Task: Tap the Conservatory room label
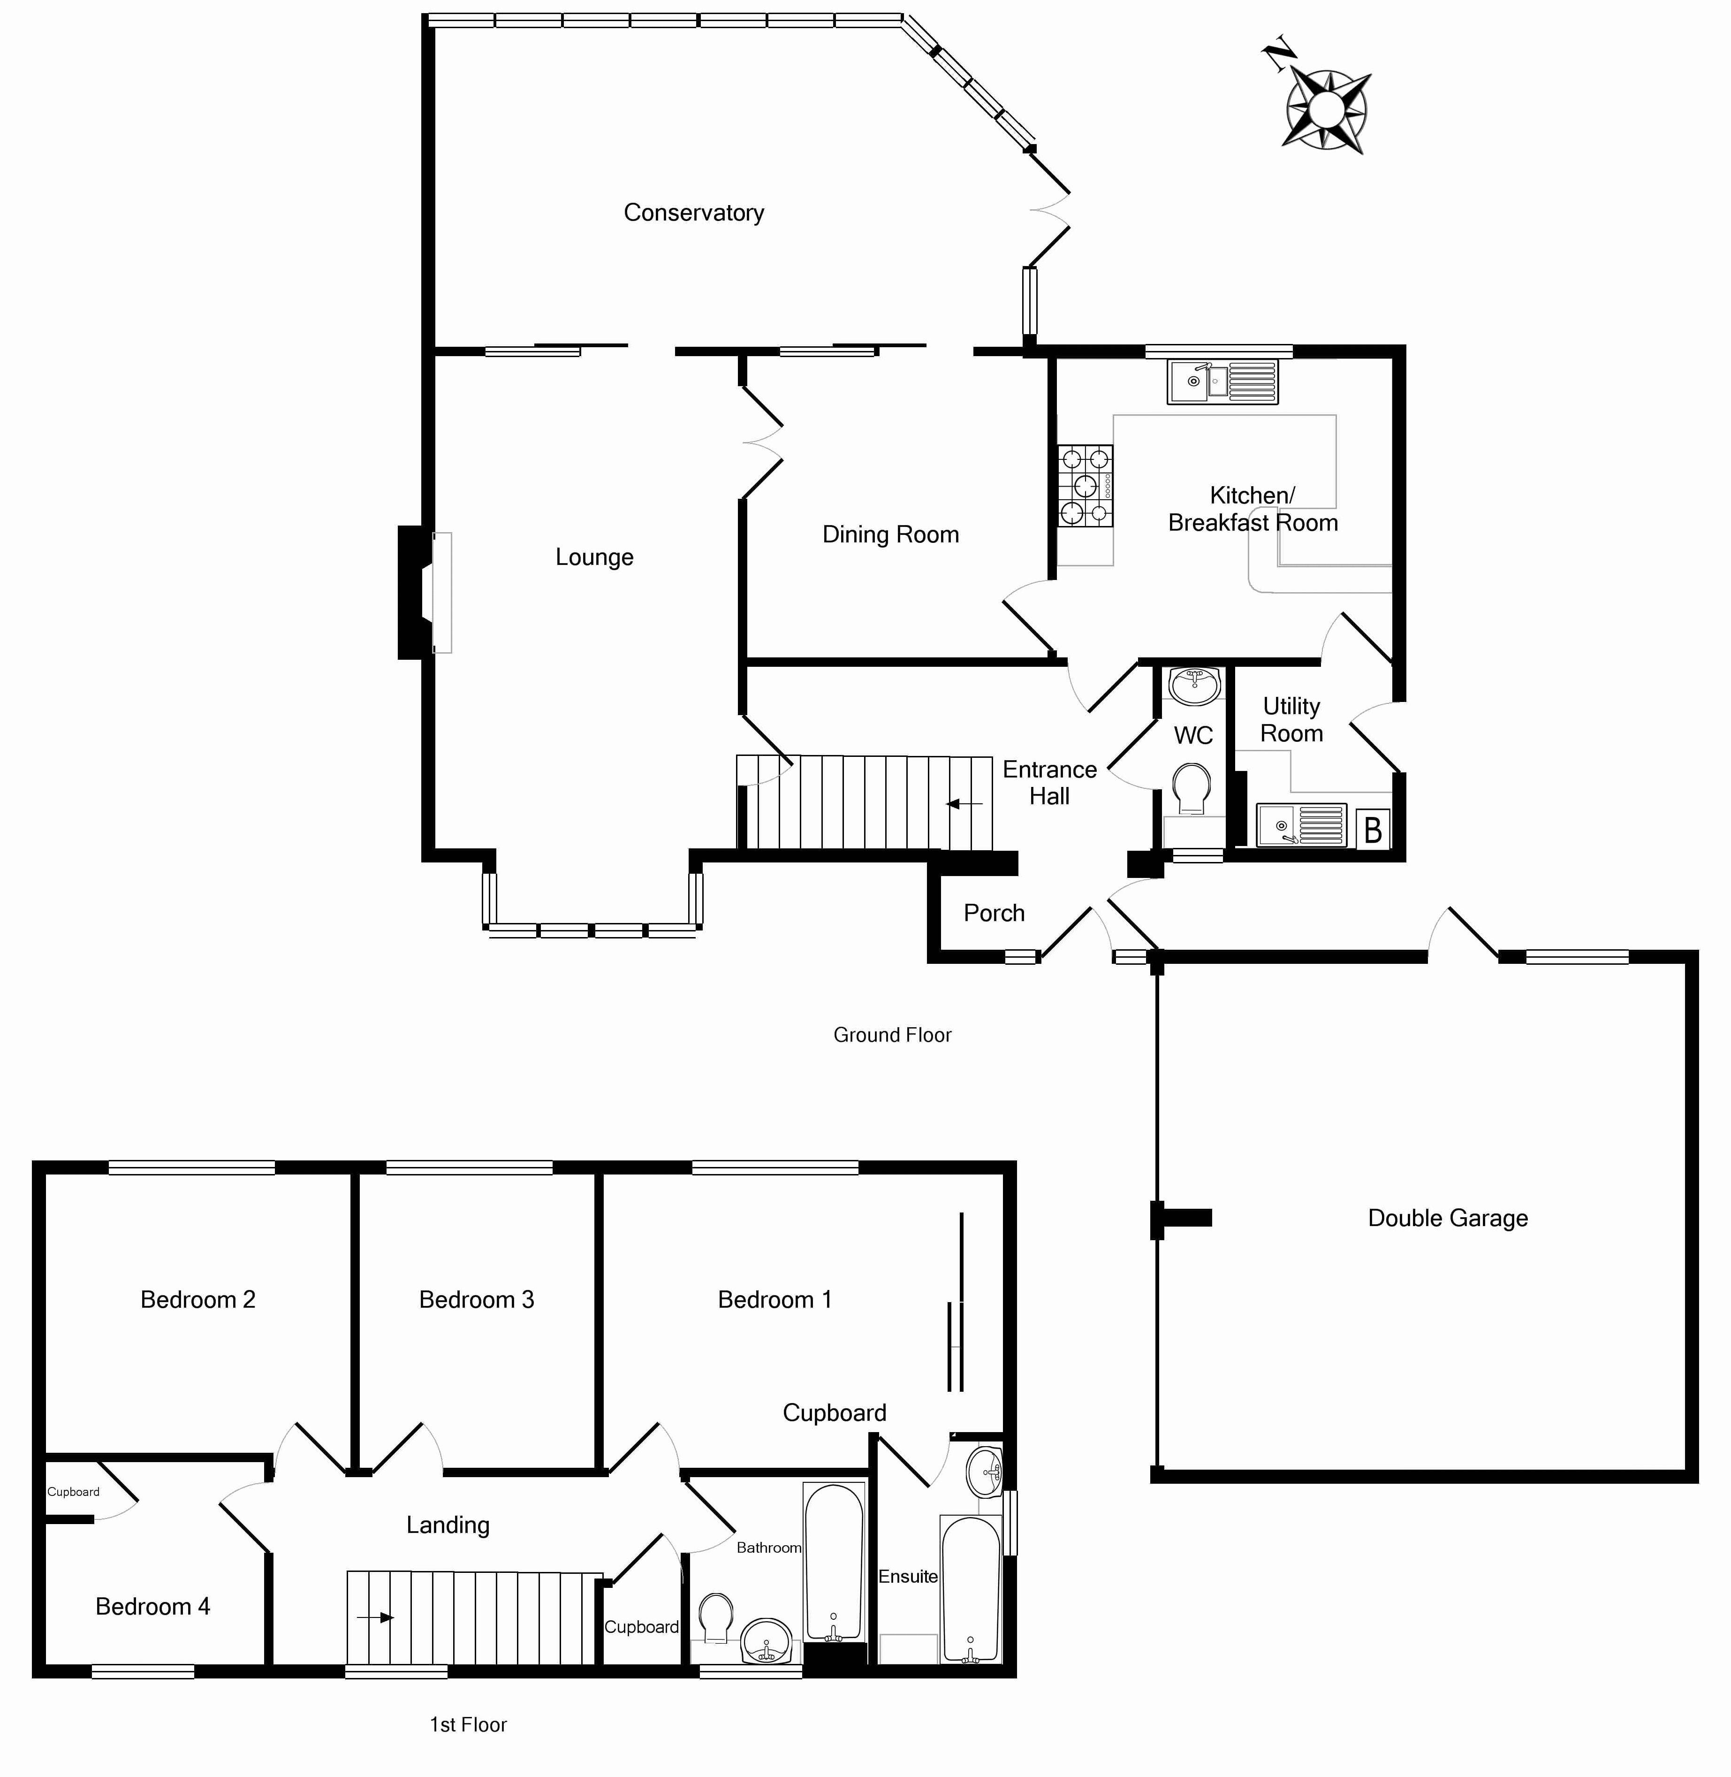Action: (x=694, y=213)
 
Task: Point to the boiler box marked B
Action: (x=1373, y=830)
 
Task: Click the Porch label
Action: (x=994, y=913)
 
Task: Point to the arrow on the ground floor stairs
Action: (x=964, y=804)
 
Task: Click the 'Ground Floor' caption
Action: (x=892, y=1035)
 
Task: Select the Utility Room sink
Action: (x=1300, y=825)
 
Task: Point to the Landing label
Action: (x=448, y=1525)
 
